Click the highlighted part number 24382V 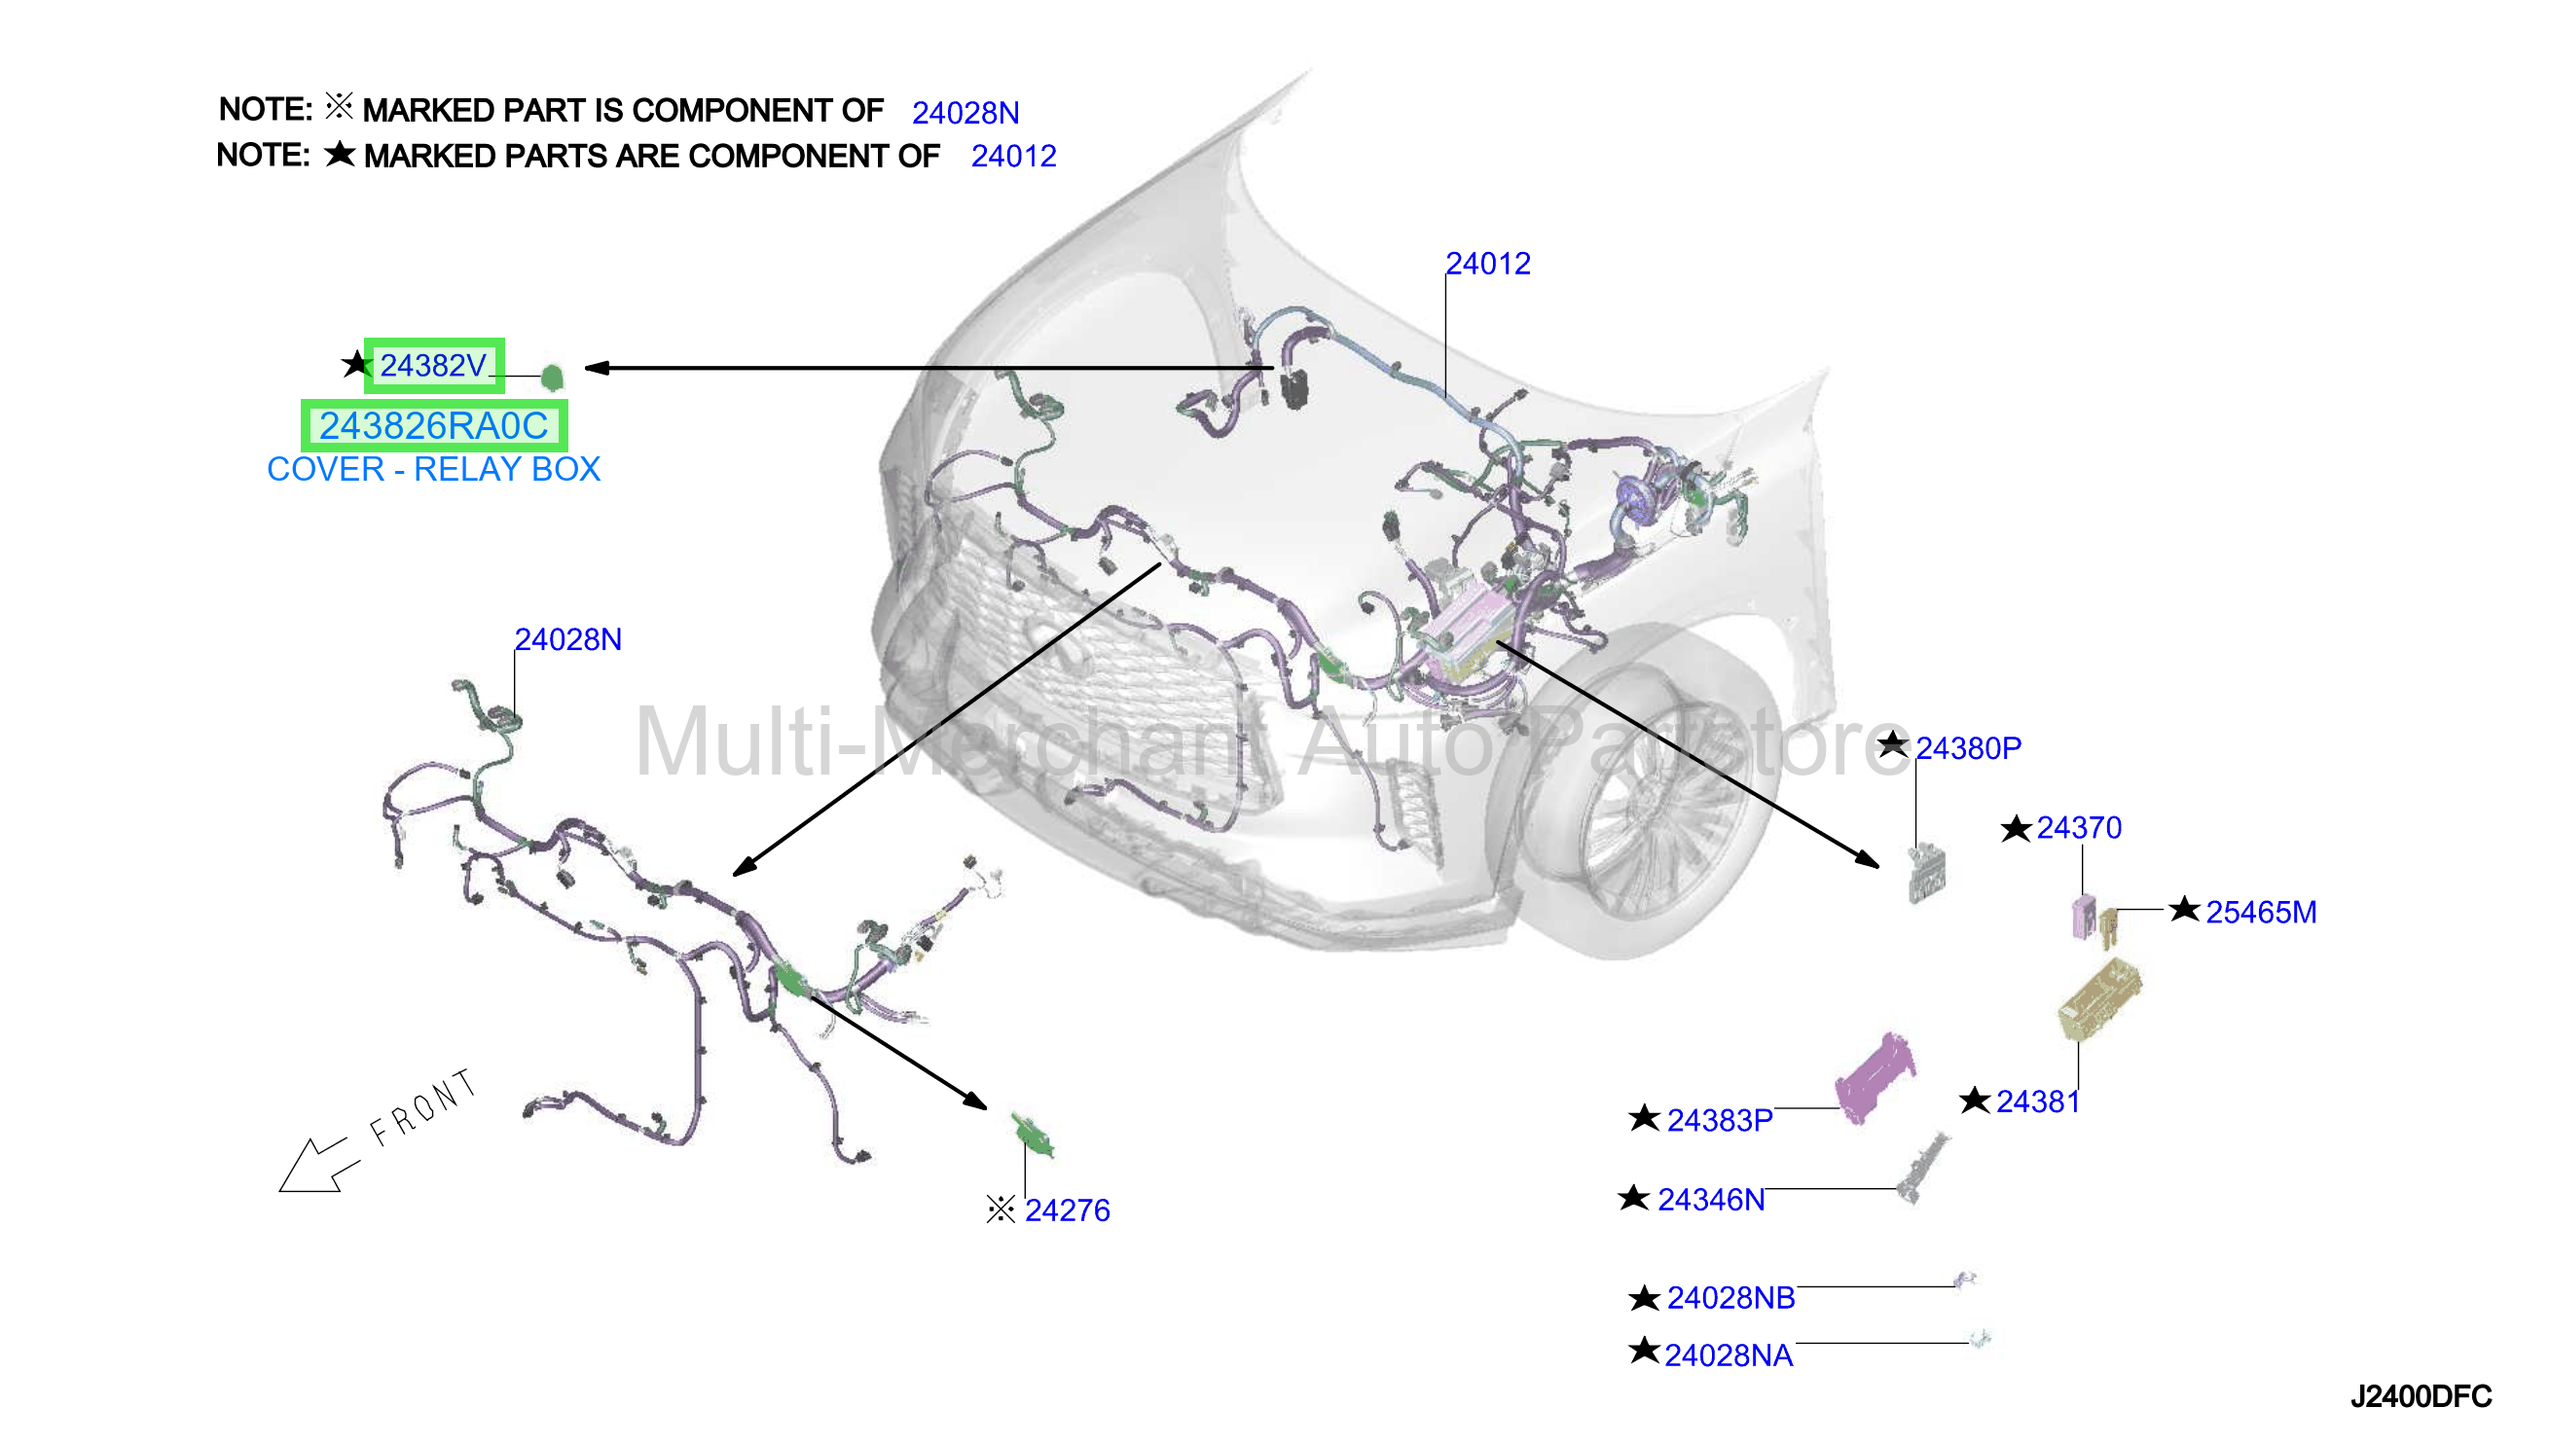pos(433,366)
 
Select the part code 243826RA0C pos(433,425)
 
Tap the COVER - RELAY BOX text pos(433,469)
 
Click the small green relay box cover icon pos(553,377)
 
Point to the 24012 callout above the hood pos(1488,264)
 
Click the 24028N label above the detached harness pos(568,639)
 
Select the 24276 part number pos(1068,1209)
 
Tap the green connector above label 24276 pos(1033,1135)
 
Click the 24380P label pos(1968,747)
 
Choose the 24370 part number pos(2079,827)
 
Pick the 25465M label pos(2261,912)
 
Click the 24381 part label pos(2037,1101)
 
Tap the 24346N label pos(1711,1199)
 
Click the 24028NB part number pos(1730,1297)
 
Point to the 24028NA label pos(1729,1354)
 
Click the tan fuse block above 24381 pos(2099,999)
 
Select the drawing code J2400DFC pos(2422,1396)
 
